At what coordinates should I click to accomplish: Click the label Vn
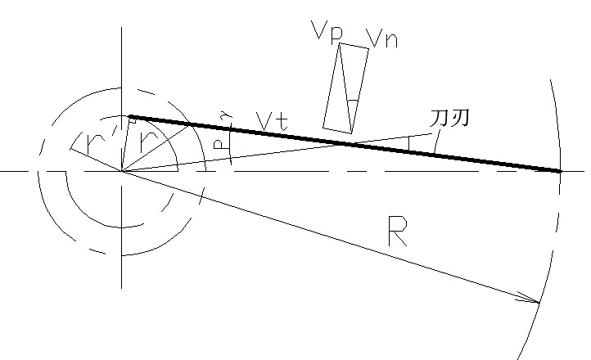(383, 38)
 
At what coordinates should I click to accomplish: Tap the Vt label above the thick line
(271, 121)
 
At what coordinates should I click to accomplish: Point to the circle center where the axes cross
(122, 172)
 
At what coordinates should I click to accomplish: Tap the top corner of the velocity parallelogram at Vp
(340, 43)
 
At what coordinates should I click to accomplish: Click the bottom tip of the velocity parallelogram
(350, 133)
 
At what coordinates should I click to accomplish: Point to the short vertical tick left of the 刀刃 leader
(410, 143)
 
